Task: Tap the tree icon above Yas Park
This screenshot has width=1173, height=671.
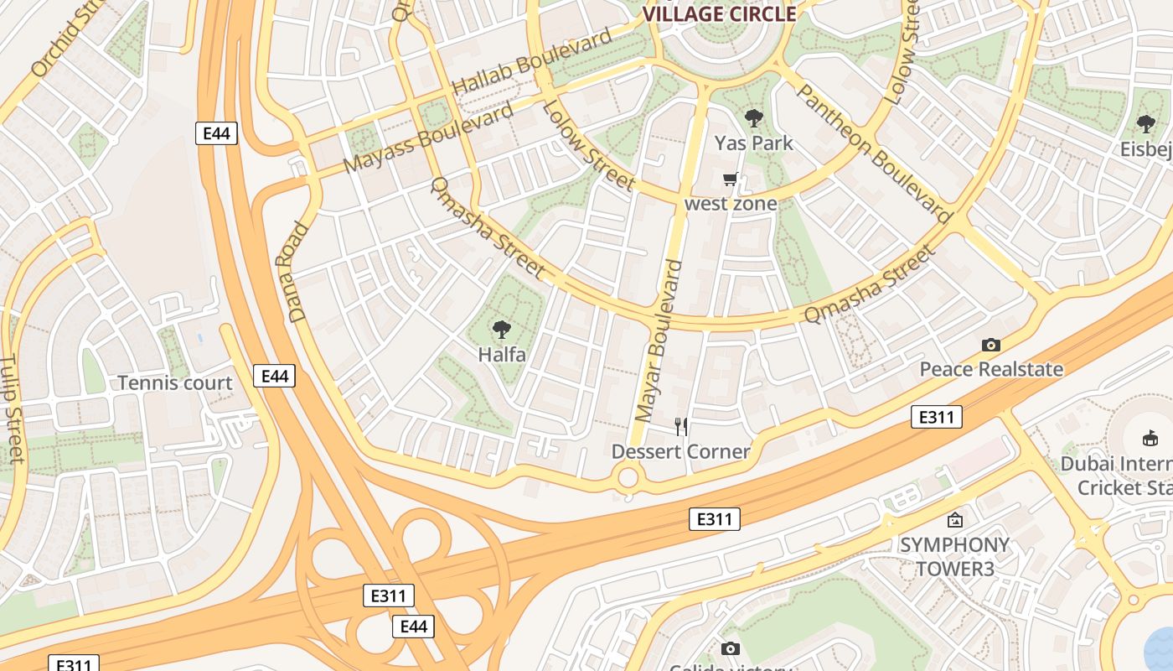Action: click(754, 118)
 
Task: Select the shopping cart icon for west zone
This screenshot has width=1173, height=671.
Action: click(731, 179)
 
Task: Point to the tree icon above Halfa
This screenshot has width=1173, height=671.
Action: click(502, 330)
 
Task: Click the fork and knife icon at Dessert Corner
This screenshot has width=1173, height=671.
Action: click(681, 427)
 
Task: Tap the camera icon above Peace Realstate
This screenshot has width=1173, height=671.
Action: click(991, 345)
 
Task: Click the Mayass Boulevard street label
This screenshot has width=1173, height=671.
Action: click(428, 138)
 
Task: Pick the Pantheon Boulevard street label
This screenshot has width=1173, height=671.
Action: click(874, 153)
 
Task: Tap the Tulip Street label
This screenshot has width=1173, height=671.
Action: click(11, 408)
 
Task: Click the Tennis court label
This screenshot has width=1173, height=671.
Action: click(175, 383)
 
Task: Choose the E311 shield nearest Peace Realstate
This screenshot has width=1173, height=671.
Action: click(936, 417)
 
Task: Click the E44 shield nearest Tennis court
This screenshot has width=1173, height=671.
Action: click(275, 377)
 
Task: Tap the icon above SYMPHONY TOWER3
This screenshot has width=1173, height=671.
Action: click(954, 521)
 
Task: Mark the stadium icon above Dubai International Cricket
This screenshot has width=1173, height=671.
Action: click(1150, 438)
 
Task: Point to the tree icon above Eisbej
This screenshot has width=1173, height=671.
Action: click(1145, 124)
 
